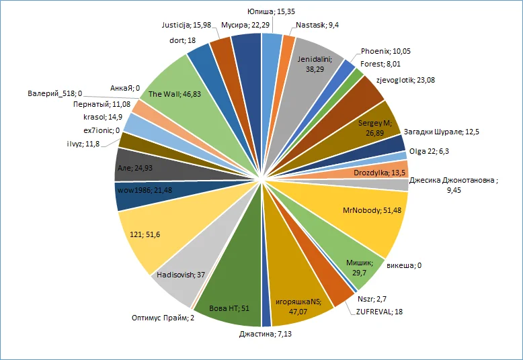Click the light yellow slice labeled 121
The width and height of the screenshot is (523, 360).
coord(151,232)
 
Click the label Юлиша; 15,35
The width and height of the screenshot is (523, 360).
coord(269,11)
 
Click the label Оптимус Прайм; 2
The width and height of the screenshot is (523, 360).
coord(163,318)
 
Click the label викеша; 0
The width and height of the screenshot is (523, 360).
coord(410,265)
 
